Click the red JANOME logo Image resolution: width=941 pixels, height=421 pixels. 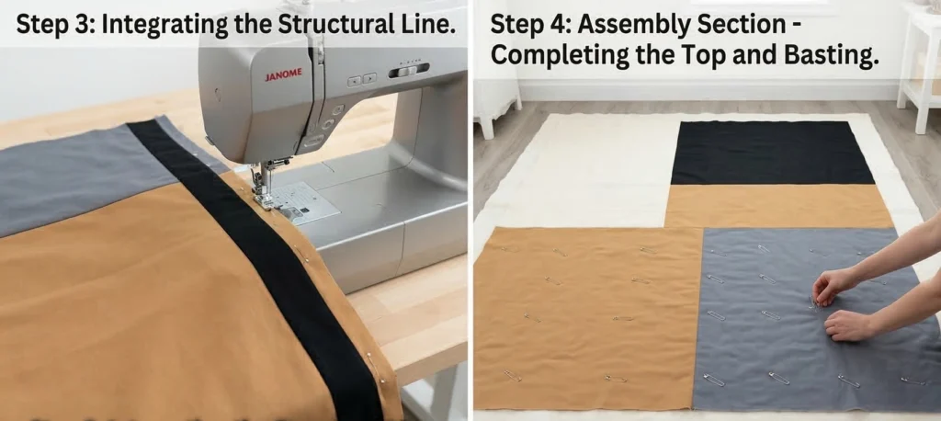point(283,75)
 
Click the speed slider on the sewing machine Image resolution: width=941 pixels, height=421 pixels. point(408,70)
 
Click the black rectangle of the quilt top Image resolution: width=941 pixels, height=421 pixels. point(772,153)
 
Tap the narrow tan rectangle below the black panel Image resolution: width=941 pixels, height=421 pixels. point(778,206)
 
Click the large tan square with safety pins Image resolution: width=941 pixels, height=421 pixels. point(588,318)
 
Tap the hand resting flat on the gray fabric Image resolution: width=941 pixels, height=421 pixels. point(848,325)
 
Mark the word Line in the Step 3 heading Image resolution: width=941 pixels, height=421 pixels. point(425,26)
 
